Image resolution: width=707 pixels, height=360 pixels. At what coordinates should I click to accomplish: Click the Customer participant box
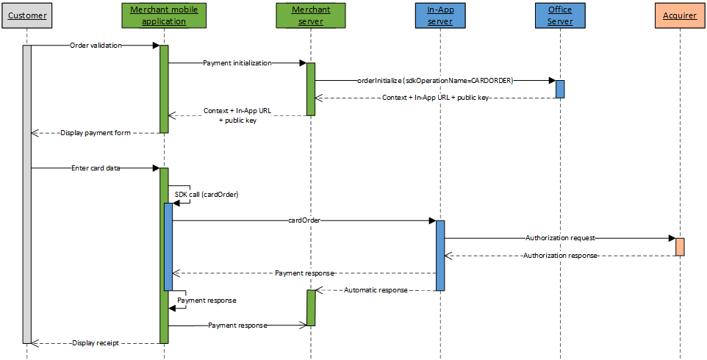point(27,15)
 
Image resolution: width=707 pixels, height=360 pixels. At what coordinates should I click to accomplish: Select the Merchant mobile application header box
point(164,15)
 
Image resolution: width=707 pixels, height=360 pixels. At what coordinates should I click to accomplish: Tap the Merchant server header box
point(311,15)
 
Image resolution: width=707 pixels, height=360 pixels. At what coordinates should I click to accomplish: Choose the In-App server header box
point(439,15)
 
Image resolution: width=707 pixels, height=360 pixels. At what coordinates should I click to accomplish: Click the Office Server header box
point(560,15)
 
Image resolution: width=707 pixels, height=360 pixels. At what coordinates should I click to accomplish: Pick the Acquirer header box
point(680,15)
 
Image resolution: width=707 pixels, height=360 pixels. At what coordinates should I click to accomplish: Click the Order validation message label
point(96,46)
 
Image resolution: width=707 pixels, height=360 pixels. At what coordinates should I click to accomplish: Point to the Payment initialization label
point(237,63)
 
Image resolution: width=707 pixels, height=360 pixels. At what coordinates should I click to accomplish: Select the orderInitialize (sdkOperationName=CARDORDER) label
point(434,81)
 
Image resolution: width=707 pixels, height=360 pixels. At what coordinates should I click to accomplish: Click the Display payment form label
point(96,133)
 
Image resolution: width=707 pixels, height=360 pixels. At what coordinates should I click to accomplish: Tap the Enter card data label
point(96,168)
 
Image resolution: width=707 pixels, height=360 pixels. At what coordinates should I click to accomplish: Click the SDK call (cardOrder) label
point(207,195)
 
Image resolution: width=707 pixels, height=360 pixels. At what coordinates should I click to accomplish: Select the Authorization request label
point(560,238)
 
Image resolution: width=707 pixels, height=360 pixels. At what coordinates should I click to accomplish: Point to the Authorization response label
point(560,256)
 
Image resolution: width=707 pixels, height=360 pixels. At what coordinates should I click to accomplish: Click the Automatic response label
point(376,290)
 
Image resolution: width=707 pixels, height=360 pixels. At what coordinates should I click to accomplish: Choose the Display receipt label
point(96,343)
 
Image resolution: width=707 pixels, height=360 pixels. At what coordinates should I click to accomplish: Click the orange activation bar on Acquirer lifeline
point(680,247)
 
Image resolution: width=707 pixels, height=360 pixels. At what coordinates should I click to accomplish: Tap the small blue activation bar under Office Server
point(560,89)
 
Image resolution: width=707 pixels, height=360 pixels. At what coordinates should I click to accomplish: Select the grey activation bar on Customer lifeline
point(27,194)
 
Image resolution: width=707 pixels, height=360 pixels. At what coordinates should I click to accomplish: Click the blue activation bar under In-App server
point(440,255)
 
